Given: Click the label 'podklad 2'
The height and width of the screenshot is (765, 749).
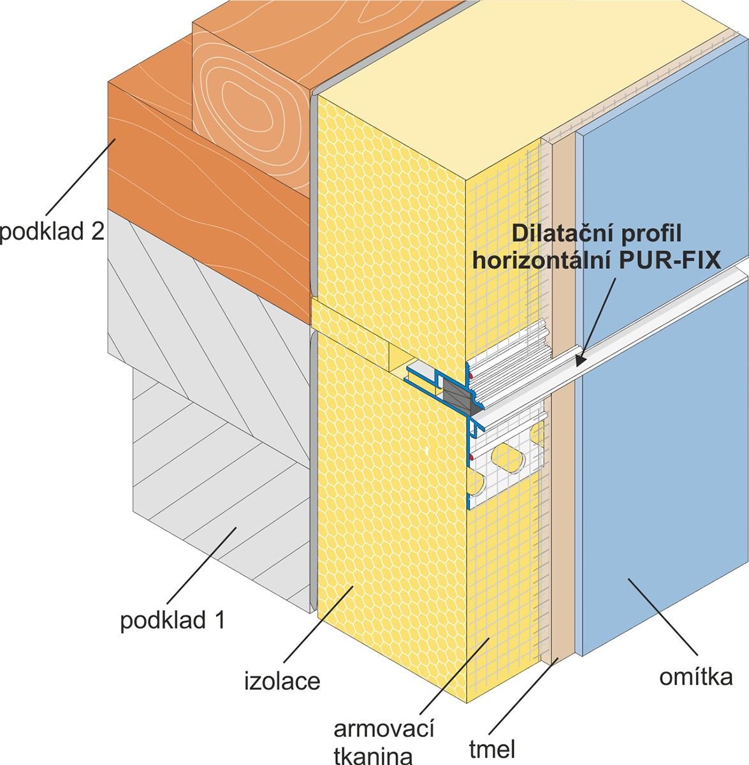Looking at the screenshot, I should coord(51,231).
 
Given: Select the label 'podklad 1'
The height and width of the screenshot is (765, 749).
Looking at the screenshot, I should coord(172,620).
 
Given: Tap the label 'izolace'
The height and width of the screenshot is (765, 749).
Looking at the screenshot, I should coord(282,681).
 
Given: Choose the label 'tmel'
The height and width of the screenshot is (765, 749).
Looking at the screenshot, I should coord(491,750).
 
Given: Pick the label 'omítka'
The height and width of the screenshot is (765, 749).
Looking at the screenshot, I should coord(695,676).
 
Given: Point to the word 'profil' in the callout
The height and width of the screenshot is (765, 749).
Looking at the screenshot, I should coord(650,233).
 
